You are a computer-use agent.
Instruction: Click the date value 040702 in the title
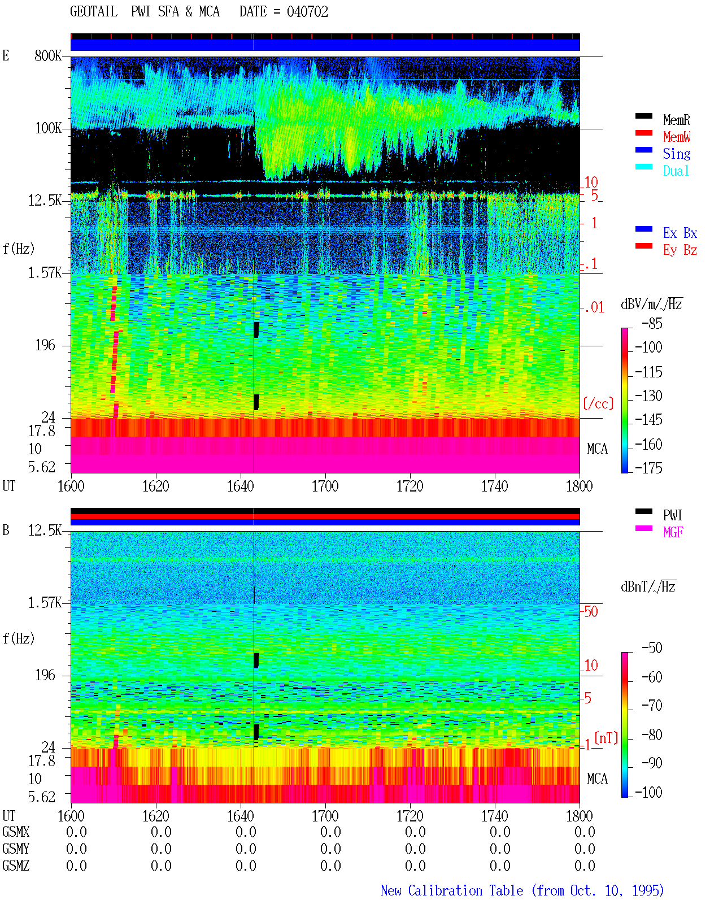tap(307, 12)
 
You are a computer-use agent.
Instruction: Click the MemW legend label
tap(677, 137)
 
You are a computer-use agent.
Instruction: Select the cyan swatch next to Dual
tap(643, 167)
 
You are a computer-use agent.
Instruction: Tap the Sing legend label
tap(676, 154)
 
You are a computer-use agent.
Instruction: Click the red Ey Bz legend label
tap(680, 250)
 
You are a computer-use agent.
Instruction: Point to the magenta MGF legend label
tap(673, 532)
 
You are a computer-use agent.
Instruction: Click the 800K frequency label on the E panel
tap(48, 55)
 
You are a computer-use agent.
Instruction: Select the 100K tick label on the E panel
tap(48, 128)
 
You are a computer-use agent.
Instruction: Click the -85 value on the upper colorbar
tap(652, 324)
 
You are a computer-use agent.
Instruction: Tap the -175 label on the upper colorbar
tap(648, 468)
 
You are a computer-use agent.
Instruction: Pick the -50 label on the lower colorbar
tap(652, 648)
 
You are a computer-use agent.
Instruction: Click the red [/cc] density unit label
tap(598, 403)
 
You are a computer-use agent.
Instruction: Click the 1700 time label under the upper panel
tap(325, 486)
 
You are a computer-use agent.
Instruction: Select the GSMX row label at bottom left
tap(16, 832)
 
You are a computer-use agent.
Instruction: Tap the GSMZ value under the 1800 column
tap(585, 865)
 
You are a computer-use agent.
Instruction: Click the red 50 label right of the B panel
tap(591, 612)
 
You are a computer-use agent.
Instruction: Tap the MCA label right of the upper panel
tap(597, 449)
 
